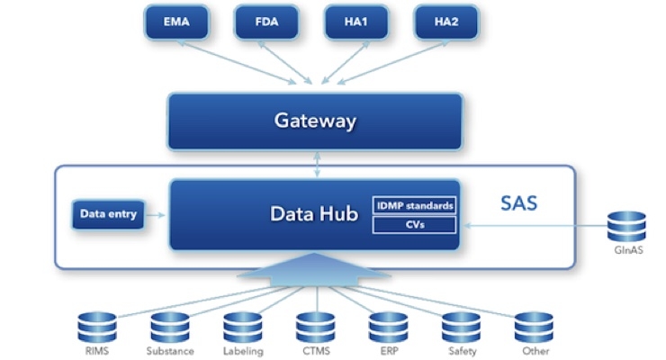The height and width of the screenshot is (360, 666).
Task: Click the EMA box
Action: (176, 22)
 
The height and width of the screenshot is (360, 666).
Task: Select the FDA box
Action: (266, 22)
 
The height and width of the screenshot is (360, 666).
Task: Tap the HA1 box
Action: (356, 22)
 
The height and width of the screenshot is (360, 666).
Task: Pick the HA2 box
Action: (446, 22)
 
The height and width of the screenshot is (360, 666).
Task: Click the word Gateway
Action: (315, 121)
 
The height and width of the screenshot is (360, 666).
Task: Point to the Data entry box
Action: (108, 214)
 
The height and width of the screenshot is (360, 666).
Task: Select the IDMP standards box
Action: (414, 206)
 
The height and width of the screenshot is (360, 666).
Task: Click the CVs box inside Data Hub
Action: (414, 225)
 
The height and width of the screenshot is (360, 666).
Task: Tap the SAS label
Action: (518, 203)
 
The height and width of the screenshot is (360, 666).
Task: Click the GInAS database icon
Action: (626, 227)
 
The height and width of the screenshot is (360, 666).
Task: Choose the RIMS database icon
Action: (97, 328)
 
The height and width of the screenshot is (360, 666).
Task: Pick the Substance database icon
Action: (170, 328)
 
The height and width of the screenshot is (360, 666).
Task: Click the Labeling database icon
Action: (243, 328)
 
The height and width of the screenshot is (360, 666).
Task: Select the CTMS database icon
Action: (316, 328)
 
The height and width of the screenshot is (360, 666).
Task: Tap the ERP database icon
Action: (389, 328)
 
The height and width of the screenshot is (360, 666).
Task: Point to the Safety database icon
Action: (462, 328)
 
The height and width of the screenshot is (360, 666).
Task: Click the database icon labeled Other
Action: (534, 328)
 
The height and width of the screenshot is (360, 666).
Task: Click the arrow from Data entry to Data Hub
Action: (156, 215)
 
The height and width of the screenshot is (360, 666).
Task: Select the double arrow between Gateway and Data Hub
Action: (317, 165)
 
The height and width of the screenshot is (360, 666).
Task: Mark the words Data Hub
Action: (314, 213)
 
